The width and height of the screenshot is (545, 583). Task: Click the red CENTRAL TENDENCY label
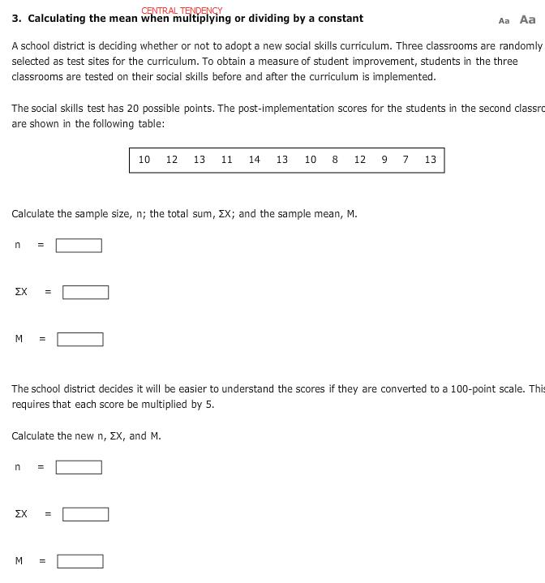[x=182, y=11]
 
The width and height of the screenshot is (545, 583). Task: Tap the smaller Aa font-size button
[x=504, y=21]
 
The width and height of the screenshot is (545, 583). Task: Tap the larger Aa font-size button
[x=528, y=19]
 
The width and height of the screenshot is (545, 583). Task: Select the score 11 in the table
[x=227, y=160]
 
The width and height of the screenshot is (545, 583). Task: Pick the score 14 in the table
[x=255, y=160]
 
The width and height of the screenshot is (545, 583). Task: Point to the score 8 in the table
[x=335, y=160]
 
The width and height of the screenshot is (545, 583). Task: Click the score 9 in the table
[x=384, y=160]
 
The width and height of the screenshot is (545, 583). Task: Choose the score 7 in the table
[x=406, y=160]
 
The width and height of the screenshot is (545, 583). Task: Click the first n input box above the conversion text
[x=79, y=246]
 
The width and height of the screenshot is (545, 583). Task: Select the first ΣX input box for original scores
[x=85, y=293]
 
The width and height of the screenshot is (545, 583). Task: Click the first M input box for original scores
[x=79, y=340]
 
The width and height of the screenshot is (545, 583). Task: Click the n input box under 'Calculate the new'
[x=79, y=468]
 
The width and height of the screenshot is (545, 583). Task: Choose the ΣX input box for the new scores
[x=85, y=515]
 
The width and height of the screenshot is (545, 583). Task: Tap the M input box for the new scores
[x=79, y=562]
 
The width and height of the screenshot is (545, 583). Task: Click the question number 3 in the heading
[x=15, y=19]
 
